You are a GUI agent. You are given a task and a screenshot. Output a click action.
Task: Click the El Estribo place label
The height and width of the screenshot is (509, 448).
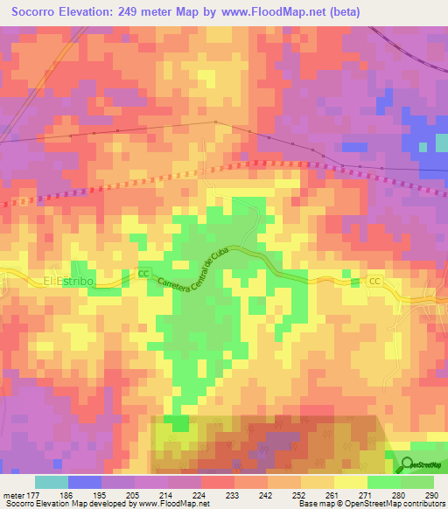(67, 281)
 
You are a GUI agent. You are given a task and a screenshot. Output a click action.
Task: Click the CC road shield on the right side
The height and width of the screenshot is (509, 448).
(374, 281)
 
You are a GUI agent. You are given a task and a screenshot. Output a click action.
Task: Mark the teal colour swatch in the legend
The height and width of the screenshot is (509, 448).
(51, 482)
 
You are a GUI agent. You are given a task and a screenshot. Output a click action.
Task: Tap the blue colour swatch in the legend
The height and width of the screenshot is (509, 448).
(85, 482)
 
